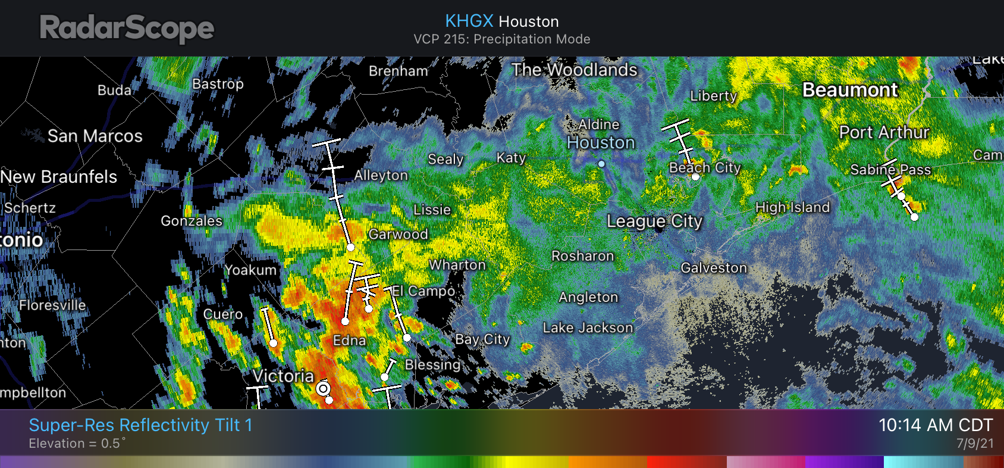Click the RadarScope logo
point(127,28)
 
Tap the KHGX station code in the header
point(469,21)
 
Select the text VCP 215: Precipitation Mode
point(502,39)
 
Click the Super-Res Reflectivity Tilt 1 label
point(140,425)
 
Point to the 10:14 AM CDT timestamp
point(936,425)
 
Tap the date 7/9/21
point(974,444)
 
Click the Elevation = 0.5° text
point(77,444)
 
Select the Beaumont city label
point(849,90)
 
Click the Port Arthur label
point(884,132)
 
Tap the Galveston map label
point(713,268)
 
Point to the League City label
point(654,221)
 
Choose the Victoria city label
point(283,376)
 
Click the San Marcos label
point(95,136)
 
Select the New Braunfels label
point(59,177)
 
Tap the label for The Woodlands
point(574,70)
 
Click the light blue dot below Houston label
point(601,164)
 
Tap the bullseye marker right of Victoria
point(323,389)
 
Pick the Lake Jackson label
point(588,328)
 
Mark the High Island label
point(792,207)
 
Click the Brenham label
point(398,71)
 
